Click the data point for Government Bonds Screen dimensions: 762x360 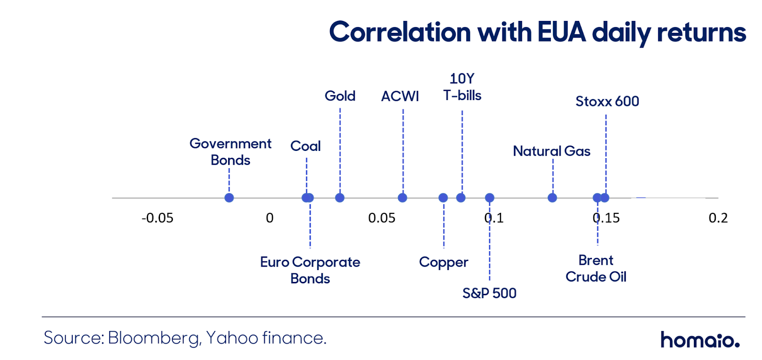[x=229, y=198]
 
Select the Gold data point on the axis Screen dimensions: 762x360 [x=340, y=198]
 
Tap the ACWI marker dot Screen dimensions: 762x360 [x=402, y=198]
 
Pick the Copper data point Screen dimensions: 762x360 [x=443, y=198]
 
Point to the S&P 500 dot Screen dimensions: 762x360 [x=490, y=198]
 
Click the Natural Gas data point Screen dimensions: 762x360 [x=552, y=198]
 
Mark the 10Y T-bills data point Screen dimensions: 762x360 [x=461, y=198]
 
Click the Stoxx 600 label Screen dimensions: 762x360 [x=607, y=101]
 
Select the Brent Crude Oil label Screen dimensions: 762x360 [x=596, y=269]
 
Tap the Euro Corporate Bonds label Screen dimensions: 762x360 [x=310, y=270]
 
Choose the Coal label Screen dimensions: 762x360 [x=305, y=146]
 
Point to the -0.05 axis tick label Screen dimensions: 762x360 [x=158, y=218]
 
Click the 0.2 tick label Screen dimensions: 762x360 [x=718, y=218]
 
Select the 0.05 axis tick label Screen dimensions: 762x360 [x=381, y=218]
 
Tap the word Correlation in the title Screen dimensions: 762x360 [x=400, y=32]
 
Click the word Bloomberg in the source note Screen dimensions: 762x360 [x=153, y=338]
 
